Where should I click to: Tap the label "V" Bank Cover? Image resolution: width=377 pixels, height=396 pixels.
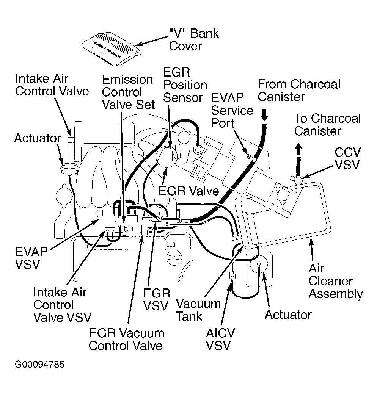point(193,39)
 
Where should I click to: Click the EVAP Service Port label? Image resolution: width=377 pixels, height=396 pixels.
point(232,111)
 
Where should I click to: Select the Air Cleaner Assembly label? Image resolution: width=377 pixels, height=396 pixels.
point(335,281)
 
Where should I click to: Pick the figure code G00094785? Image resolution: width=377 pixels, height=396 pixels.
point(39,365)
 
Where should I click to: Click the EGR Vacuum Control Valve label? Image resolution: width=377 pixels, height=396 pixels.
point(126,339)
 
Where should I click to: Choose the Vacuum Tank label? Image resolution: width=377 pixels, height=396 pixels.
point(198,310)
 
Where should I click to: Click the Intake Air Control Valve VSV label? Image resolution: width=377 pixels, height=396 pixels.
point(62,305)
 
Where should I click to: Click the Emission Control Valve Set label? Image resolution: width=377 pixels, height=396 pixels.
point(128,92)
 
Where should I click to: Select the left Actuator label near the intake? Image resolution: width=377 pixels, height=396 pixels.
point(37,138)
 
